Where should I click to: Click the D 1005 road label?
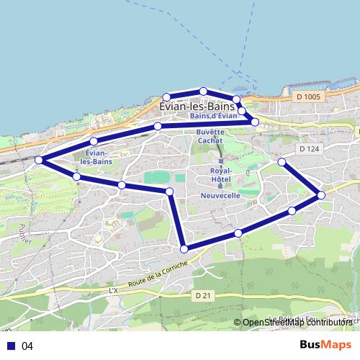click(x=309, y=95)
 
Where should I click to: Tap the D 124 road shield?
click(x=307, y=148)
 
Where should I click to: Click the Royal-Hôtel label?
click(x=220, y=175)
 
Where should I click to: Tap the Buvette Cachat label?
click(x=210, y=137)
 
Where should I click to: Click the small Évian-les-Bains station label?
click(x=96, y=158)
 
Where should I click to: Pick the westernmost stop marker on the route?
click(x=39, y=160)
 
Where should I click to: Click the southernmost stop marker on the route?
click(x=184, y=249)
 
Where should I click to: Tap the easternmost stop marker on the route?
click(x=321, y=195)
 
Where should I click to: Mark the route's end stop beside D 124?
click(x=282, y=162)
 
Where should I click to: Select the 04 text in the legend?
click(x=27, y=346)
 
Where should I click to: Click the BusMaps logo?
click(x=325, y=345)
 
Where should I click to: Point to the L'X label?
click(x=112, y=290)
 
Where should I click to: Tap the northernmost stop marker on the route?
click(x=204, y=91)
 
